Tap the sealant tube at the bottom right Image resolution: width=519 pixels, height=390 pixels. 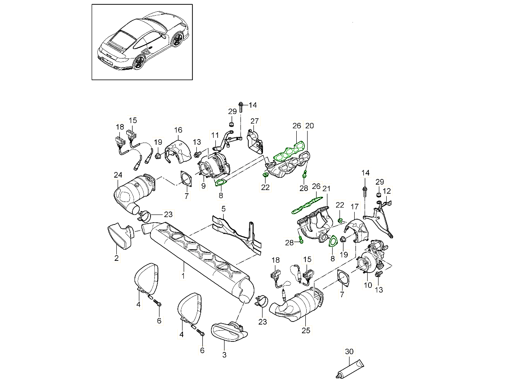pos(350,369)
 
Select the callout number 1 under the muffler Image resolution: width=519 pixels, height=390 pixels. pos(183,276)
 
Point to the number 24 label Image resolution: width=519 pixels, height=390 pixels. pos(118,175)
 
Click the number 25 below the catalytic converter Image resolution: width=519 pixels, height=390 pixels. pos(306,330)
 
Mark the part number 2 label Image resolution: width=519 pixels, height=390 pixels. pos(116,258)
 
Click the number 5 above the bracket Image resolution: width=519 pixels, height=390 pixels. pos(224,209)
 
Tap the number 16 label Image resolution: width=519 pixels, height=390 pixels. pos(178,130)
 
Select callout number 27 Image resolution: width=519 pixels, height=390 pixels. pos(254,121)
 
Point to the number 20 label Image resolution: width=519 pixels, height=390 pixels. pos(310,126)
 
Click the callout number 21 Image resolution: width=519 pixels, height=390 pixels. pos(327,189)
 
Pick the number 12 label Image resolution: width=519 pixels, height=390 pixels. pos(387,190)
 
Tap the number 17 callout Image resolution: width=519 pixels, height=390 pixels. pos(355,206)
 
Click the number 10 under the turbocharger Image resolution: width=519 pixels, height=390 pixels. pos(368,285)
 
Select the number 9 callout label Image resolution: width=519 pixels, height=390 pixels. pos(202,187)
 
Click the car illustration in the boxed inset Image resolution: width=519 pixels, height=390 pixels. pos(142,42)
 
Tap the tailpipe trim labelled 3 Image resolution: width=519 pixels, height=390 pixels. pos(229,331)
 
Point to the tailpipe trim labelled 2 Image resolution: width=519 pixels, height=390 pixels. pos(119,236)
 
